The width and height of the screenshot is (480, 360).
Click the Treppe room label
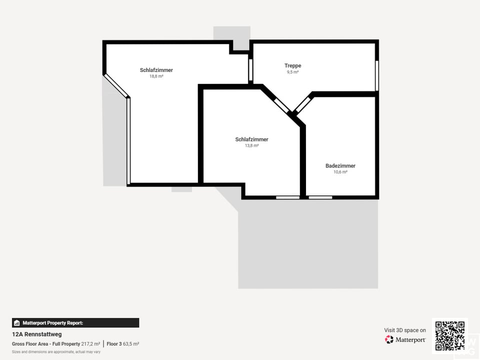click(292, 65)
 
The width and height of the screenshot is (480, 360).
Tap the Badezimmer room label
click(340, 165)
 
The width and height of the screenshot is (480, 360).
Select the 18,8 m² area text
click(156, 76)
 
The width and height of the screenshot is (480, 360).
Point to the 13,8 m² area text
click(251, 146)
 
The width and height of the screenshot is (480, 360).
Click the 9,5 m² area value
click(292, 72)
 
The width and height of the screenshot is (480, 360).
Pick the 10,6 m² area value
click(340, 172)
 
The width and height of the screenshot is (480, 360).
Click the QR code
click(449, 335)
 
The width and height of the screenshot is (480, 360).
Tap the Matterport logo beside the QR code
click(405, 339)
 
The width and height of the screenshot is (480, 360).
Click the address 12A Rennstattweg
click(37, 334)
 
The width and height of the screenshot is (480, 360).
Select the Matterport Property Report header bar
click(75, 323)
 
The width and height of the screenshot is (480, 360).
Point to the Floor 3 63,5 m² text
click(123, 344)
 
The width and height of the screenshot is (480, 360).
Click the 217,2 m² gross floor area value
click(90, 344)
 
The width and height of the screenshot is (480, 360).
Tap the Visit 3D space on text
click(405, 330)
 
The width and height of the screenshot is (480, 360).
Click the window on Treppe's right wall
click(376, 75)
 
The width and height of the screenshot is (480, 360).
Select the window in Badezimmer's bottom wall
click(320, 197)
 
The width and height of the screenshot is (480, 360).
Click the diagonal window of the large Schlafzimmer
click(116, 85)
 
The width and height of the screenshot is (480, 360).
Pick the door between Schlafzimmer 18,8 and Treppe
click(250, 70)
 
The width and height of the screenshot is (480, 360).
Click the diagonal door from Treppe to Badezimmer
click(302, 104)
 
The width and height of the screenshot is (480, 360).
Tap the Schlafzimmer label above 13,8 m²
click(251, 139)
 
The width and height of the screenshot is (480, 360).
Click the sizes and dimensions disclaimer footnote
click(56, 352)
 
